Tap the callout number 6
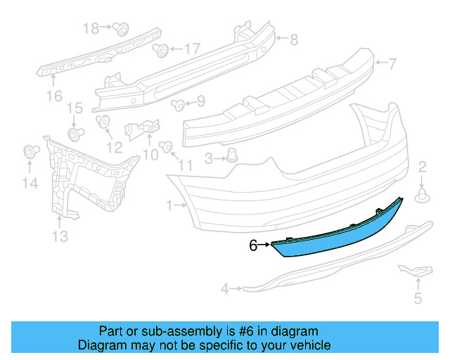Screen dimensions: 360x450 (253, 245)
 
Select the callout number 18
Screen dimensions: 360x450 (91, 28)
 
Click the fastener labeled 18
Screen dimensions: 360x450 (122, 29)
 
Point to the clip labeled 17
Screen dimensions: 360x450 (160, 50)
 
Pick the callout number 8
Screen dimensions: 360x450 (293, 39)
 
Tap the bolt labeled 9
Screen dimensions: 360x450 (178, 105)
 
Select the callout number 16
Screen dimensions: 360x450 (54, 95)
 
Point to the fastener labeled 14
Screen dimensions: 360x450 (30, 150)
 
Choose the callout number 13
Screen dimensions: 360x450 (60, 237)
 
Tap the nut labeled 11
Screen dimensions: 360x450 (167, 146)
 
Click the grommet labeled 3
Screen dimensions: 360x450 (231, 156)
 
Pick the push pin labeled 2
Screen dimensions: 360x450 (423, 195)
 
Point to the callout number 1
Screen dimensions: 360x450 (169, 206)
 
